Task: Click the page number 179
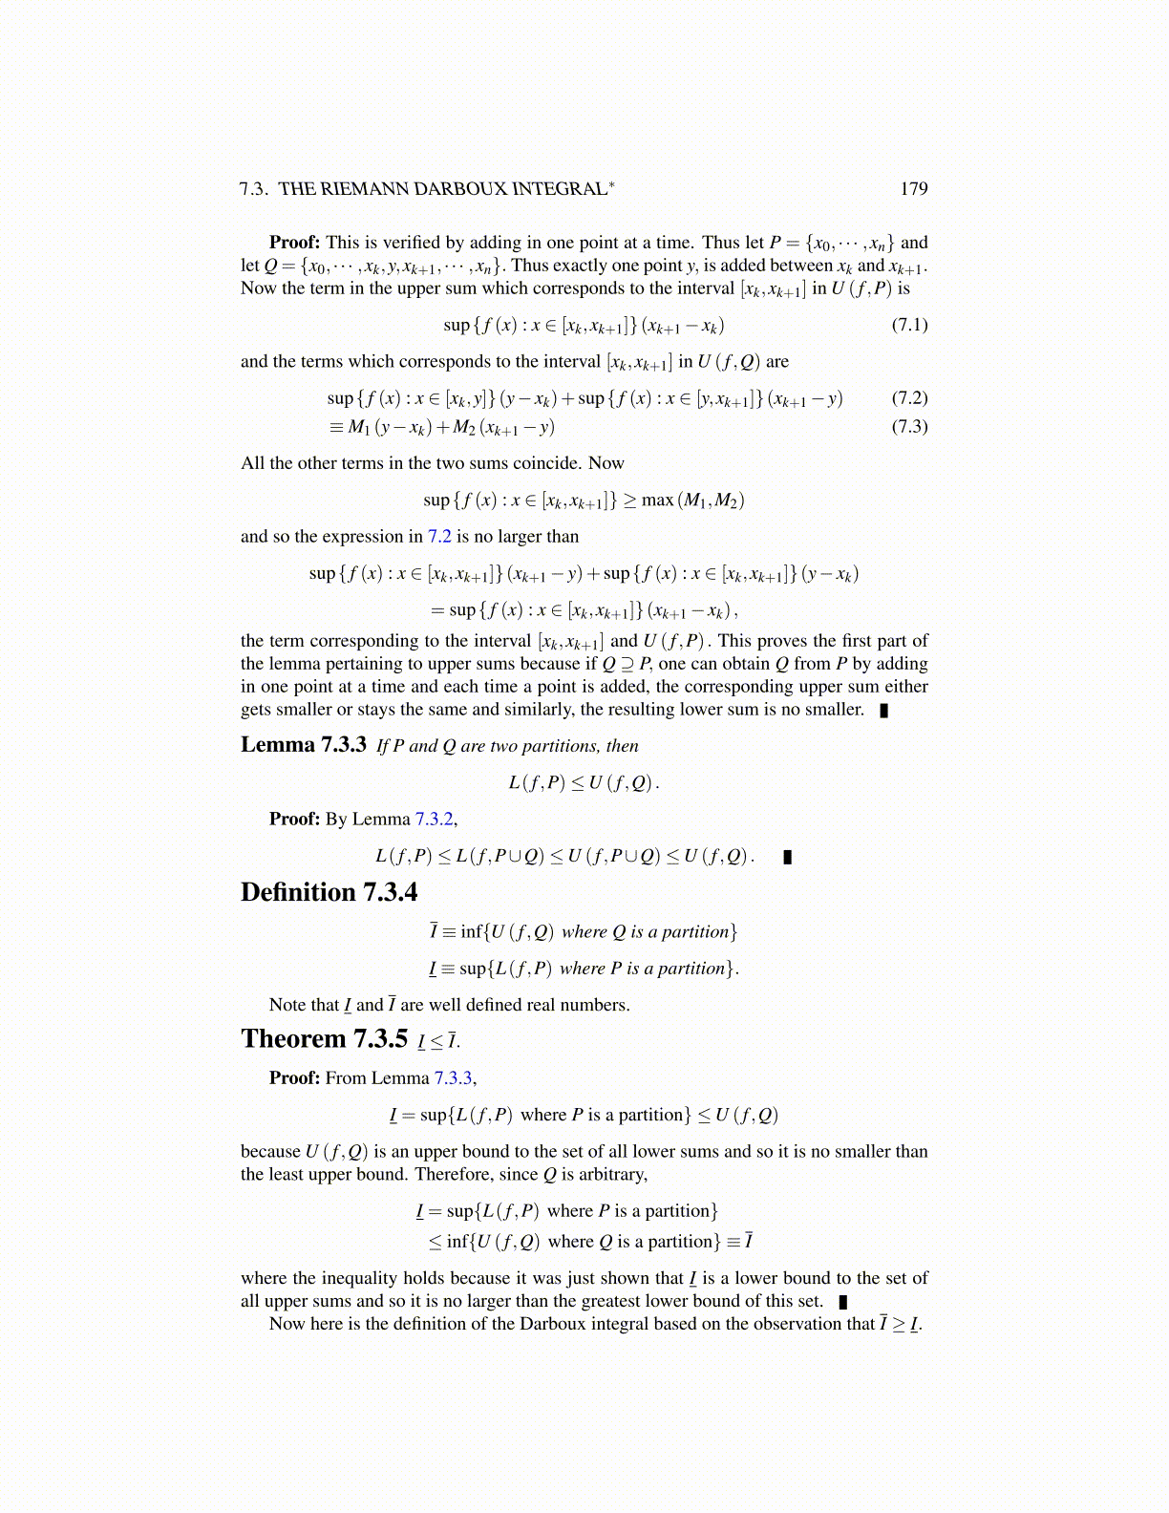pos(913,188)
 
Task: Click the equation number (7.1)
pos(909,325)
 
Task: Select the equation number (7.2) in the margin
pos(909,397)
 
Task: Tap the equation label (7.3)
pos(909,426)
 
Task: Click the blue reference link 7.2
pos(439,537)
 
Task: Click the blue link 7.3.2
pos(435,819)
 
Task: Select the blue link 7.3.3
pos(454,1077)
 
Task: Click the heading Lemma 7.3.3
pos(303,745)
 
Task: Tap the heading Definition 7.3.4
pos(329,892)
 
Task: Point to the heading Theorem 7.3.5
pos(324,1039)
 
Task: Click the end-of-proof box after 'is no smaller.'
pos(884,710)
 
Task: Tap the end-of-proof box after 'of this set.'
pos(843,1301)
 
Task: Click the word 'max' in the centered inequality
pos(657,500)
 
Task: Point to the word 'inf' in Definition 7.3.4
pos(472,931)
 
